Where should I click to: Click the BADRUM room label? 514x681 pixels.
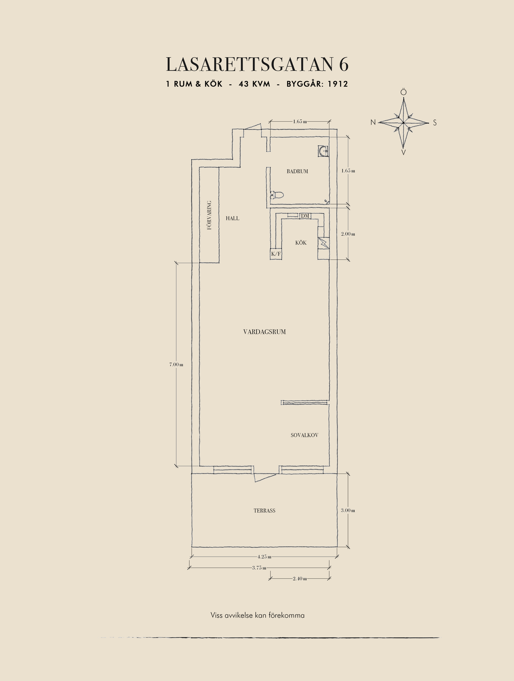(297, 171)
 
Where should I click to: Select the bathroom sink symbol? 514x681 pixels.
(323, 151)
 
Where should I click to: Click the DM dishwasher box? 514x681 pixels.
(305, 216)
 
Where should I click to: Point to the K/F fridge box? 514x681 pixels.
(276, 254)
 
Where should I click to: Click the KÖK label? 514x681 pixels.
(301, 243)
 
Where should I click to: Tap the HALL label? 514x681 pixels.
(233, 218)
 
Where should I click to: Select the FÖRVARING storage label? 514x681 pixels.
(209, 215)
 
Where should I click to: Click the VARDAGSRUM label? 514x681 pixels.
(264, 332)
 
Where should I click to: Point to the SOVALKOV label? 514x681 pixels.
(304, 435)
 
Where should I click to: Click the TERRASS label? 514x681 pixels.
(264, 511)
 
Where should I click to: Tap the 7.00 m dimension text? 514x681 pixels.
(176, 364)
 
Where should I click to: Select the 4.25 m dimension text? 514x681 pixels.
(264, 556)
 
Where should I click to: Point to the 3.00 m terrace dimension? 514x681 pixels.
(348, 510)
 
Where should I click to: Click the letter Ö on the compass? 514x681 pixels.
(404, 92)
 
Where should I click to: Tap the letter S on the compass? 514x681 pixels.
(435, 123)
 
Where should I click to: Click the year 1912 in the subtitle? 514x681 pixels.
(338, 84)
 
